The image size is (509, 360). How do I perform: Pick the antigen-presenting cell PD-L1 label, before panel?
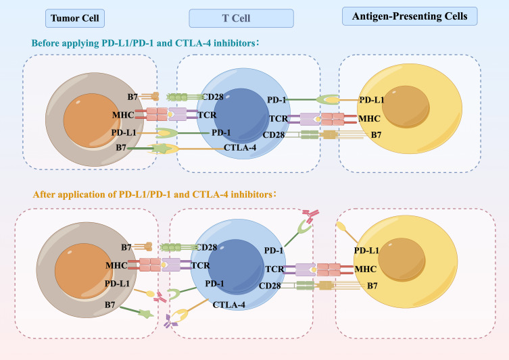click(372, 101)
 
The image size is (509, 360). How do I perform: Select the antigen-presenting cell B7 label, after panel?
click(371, 286)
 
